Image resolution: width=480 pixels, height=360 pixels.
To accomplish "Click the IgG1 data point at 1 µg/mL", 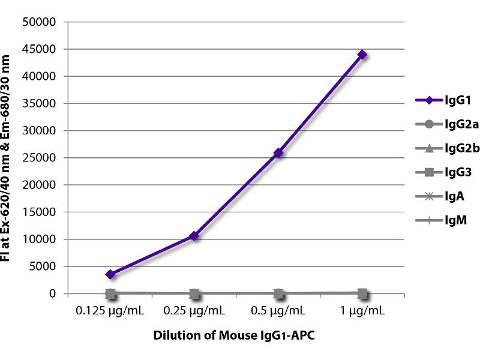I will [x=362, y=55].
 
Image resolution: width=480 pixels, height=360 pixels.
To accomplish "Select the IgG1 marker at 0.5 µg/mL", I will [x=278, y=153].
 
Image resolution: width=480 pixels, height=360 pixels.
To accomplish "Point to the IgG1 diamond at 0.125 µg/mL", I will [x=110, y=274].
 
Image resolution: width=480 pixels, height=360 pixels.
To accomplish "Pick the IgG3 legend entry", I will [x=443, y=172].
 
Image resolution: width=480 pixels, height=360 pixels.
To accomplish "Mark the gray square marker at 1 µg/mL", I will [x=362, y=293].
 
